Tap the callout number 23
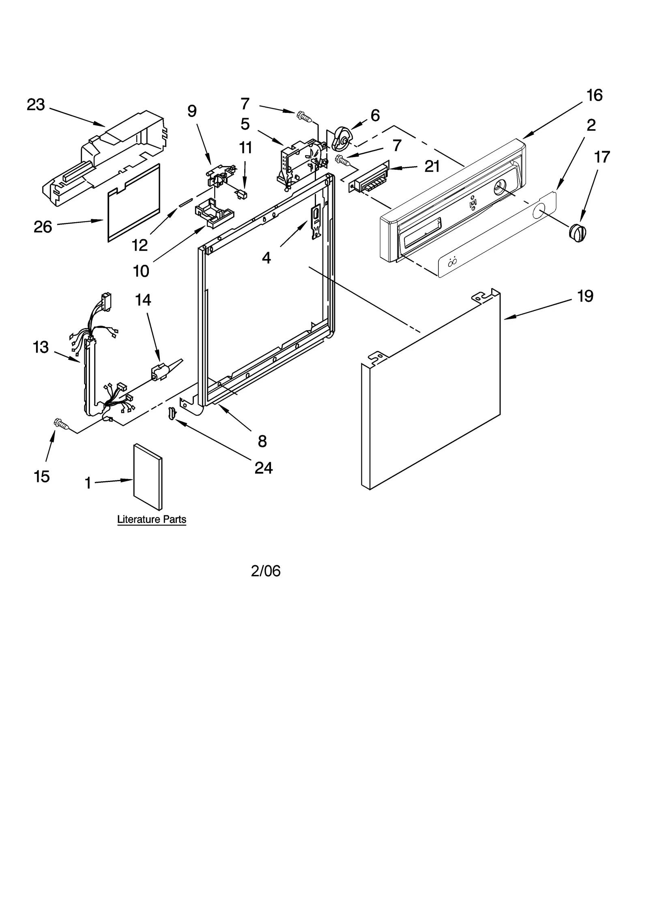(36, 105)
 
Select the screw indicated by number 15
(61, 424)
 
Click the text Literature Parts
(152, 519)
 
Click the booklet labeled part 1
(148, 477)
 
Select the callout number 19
(585, 296)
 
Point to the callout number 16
(595, 95)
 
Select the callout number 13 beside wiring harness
(41, 348)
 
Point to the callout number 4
(266, 258)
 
